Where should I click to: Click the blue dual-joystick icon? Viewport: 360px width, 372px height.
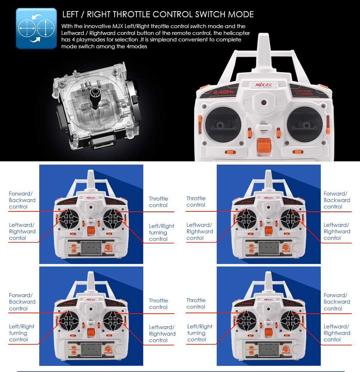pos(36,28)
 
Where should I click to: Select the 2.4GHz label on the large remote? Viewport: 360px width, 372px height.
pos(224,92)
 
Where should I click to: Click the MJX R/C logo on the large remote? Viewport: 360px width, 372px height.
pos(264,85)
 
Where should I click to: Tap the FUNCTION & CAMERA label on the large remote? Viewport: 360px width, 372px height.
pos(304,92)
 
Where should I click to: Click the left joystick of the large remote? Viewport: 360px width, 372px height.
pos(223,125)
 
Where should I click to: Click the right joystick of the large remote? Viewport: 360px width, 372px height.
pos(305,125)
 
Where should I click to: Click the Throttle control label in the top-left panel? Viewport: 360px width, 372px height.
pos(158,202)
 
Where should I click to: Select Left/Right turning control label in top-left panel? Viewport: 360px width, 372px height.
pos(162,233)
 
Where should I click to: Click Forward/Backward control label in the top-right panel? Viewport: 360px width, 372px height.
pos(337,200)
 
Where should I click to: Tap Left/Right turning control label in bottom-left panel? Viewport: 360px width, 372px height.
pos(22,333)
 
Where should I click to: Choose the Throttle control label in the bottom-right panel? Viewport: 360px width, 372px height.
pos(196,304)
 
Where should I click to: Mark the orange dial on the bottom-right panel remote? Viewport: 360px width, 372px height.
pos(285,349)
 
